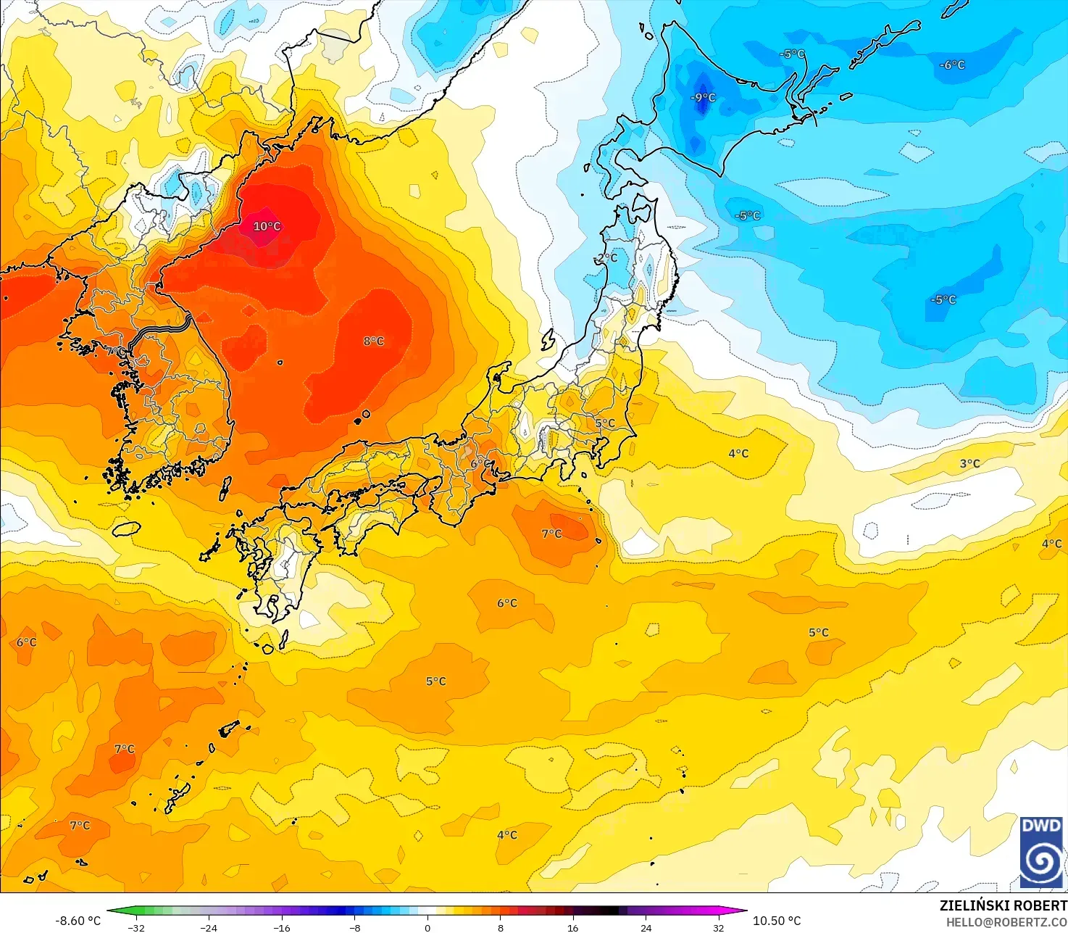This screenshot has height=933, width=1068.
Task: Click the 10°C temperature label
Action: tap(267, 226)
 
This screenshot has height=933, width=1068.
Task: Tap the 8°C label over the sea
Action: tap(374, 341)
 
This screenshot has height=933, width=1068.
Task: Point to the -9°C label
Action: tap(702, 97)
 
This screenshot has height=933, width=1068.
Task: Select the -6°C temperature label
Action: tap(952, 65)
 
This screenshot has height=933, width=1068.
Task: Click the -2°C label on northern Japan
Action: tap(606, 257)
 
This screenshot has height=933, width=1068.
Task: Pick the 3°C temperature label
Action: tap(969, 463)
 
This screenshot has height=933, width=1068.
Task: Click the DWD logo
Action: tap(1041, 852)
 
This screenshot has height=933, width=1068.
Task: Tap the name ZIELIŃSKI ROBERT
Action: tap(1003, 905)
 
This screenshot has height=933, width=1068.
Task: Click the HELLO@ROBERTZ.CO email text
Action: tap(1006, 921)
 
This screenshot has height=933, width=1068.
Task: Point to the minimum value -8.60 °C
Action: tap(78, 921)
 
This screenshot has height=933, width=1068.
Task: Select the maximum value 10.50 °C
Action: tap(777, 921)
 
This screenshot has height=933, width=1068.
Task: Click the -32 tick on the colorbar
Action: tap(136, 927)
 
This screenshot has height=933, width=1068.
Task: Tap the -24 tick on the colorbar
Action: tap(209, 927)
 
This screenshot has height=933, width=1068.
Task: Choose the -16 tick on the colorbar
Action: tap(282, 927)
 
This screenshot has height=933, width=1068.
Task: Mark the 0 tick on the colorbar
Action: tap(427, 927)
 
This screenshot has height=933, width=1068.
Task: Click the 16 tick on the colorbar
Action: tap(573, 927)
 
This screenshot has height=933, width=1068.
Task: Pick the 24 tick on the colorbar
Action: tap(646, 927)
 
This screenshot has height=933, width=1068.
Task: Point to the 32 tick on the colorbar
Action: tap(718, 927)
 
